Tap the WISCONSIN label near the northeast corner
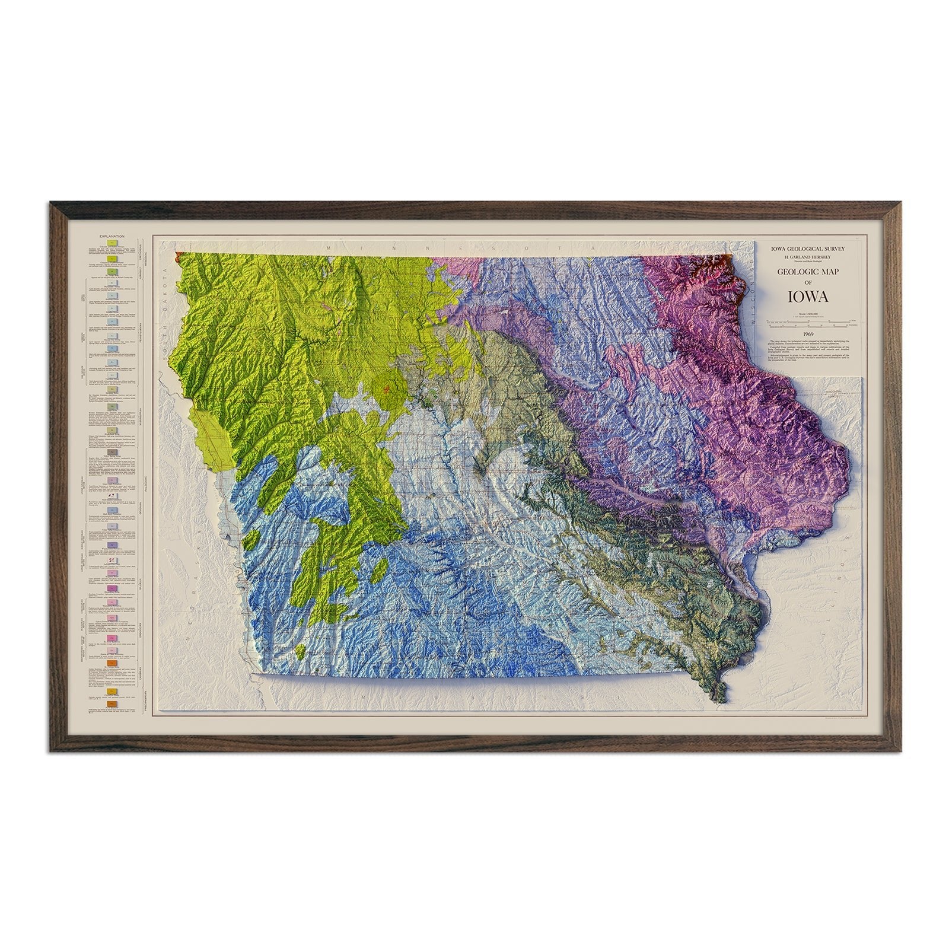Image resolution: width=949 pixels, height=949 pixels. (x=749, y=308)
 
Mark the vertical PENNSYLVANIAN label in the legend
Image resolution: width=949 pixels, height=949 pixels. (x=139, y=344)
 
